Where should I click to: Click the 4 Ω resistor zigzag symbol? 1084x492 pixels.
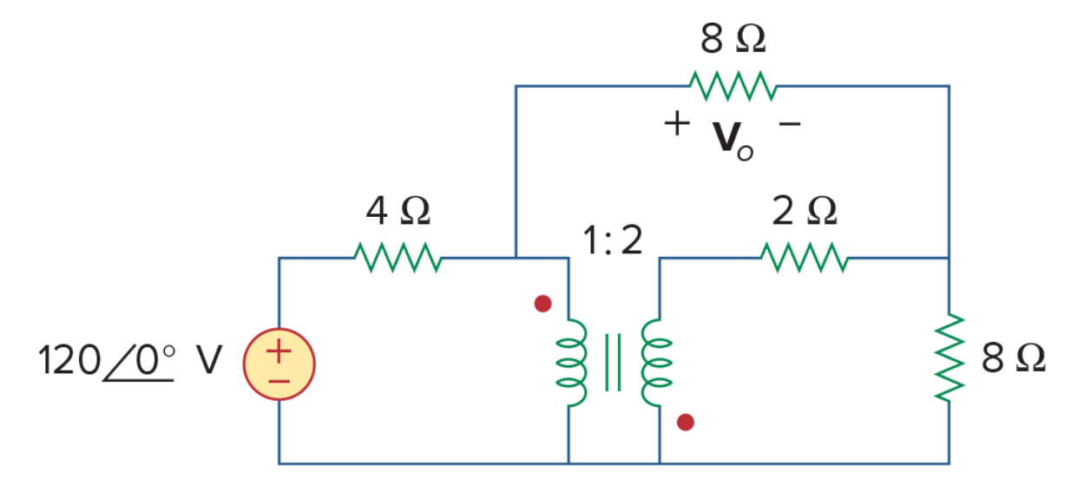[x=397, y=258]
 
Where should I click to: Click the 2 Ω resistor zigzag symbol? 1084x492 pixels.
[x=805, y=258]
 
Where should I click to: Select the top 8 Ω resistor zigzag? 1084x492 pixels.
[x=733, y=86]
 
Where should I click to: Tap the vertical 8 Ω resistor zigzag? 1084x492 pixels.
[x=949, y=358]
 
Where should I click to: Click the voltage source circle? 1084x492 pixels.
[x=279, y=364]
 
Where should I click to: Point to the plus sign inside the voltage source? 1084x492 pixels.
[x=279, y=351]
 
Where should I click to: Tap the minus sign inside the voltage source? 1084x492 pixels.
[x=279, y=382]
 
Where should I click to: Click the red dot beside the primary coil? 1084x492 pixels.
[x=543, y=304]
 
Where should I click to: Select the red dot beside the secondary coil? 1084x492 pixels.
[x=686, y=423]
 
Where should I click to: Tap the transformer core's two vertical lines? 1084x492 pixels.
[x=613, y=363]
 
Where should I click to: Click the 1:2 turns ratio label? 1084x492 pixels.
[x=613, y=240]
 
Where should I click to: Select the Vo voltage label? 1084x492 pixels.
[x=733, y=141]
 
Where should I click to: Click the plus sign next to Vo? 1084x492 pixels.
[x=677, y=124]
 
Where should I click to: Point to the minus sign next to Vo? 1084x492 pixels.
[x=790, y=124]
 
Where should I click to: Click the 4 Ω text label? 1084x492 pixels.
[x=397, y=211]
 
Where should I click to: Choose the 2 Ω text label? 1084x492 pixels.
[x=805, y=211]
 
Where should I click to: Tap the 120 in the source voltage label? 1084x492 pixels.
[x=69, y=360]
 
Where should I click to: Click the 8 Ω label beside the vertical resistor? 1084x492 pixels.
[x=1014, y=358]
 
